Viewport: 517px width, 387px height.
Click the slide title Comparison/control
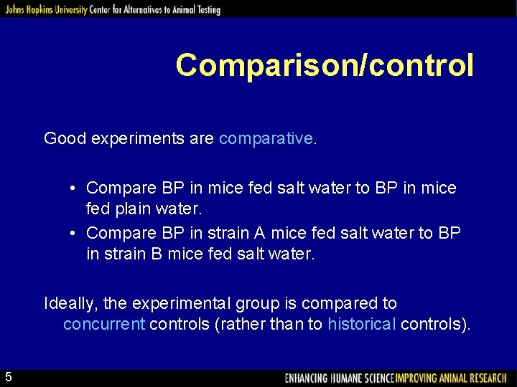coord(325,64)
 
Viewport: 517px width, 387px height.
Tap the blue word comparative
coord(266,138)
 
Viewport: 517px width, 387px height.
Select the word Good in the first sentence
coord(65,138)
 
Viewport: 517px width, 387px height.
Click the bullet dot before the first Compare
coord(74,188)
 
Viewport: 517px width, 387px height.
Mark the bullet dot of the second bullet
coord(74,234)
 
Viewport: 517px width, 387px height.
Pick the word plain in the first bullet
coord(137,211)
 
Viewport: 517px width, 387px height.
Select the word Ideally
coord(70,303)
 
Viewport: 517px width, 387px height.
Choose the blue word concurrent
coord(103,324)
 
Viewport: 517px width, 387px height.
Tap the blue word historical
coord(361,324)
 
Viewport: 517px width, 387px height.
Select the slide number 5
coord(8,377)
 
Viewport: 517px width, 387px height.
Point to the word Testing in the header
coord(205,10)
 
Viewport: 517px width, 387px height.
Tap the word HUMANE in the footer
coord(350,378)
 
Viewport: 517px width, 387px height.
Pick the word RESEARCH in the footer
coord(484,378)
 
